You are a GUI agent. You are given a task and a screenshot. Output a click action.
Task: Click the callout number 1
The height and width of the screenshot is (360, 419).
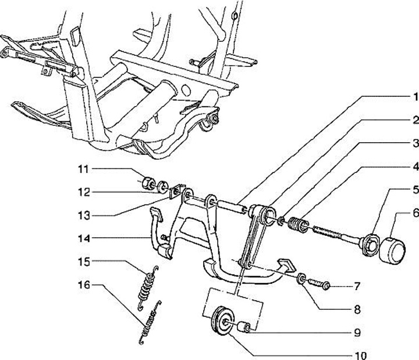415,97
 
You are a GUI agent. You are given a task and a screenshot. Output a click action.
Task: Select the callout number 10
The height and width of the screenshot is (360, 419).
360,355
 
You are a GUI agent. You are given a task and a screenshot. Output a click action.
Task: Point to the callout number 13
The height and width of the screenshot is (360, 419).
84,216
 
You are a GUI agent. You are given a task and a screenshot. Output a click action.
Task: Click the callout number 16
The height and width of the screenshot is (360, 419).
84,285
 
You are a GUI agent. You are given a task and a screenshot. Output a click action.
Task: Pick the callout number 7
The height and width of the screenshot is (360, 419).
357,287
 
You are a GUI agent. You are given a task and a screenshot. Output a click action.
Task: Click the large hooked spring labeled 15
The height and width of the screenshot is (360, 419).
147,288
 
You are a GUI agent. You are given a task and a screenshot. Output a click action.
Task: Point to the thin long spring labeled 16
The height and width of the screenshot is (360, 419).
150,322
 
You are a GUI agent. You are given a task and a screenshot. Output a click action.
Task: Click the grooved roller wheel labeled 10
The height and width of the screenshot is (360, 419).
222,320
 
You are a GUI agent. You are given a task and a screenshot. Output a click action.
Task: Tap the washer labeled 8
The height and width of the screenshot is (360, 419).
301,278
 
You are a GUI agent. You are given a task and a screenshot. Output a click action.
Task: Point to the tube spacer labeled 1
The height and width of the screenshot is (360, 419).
232,207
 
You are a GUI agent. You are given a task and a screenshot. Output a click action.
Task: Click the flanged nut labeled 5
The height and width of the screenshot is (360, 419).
370,244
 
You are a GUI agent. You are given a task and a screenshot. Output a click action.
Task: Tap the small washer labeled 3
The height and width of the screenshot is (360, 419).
281,221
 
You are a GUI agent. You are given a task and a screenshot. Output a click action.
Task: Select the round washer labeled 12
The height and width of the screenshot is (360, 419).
162,186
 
